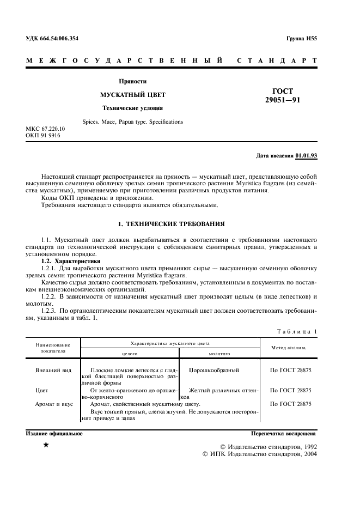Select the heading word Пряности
pos(133,81)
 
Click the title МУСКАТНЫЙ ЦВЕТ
pos(133,95)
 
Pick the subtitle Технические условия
pos(133,108)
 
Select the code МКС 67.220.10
pos(46,129)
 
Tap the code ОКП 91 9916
pos(44,135)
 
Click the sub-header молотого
pos(219,354)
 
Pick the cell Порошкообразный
pos(214,371)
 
